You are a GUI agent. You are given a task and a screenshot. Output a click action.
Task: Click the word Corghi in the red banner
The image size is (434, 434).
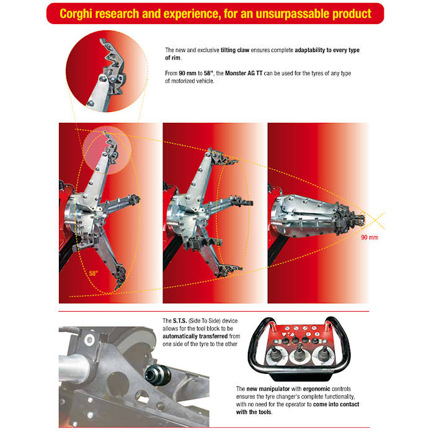point(76,14)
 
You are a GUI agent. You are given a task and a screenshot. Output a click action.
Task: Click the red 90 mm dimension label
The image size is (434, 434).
point(370,237)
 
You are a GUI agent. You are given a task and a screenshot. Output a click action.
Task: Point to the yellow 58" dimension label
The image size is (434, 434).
point(93,273)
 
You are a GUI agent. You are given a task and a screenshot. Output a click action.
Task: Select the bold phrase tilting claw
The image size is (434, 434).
point(235,50)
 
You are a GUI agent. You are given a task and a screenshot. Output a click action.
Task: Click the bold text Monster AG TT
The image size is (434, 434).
point(243,73)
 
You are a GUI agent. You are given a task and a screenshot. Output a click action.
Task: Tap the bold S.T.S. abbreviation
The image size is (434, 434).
point(180,321)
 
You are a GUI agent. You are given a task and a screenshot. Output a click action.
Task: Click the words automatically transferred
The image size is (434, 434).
point(195,336)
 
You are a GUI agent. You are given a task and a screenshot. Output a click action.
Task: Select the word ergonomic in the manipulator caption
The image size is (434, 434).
point(316,389)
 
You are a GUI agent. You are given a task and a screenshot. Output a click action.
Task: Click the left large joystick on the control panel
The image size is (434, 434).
point(275,355)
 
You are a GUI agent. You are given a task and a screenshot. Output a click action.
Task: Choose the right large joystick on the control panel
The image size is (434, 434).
point(323,353)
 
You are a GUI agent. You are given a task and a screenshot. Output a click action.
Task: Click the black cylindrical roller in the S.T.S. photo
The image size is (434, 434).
point(157,375)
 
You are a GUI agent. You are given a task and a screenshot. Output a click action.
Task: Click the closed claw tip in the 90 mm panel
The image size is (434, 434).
point(359,219)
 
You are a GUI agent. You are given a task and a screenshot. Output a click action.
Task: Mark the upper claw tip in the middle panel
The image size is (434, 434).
point(222,157)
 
